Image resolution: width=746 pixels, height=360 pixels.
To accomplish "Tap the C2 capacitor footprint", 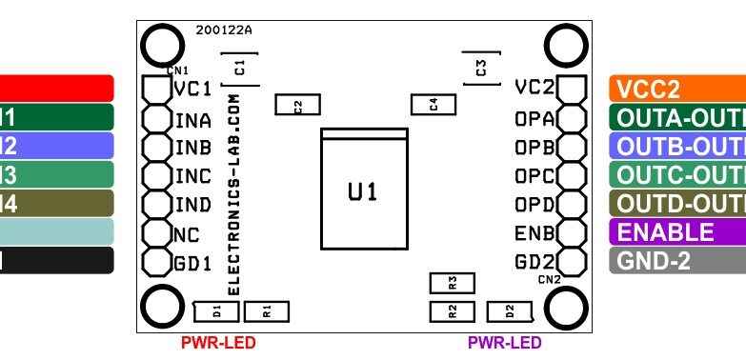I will click(297, 106).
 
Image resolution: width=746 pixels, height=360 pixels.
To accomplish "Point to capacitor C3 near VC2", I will click(481, 68).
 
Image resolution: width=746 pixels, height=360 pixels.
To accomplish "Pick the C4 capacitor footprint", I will click(433, 105).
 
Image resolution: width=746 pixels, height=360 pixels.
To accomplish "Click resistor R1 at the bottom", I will click(267, 310).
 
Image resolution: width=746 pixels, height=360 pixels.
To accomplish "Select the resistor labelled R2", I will click(453, 310).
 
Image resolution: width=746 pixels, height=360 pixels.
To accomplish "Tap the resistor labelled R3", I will click(453, 283).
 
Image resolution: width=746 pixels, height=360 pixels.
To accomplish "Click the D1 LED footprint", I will click(216, 310).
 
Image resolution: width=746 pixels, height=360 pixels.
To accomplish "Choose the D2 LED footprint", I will click(510, 310).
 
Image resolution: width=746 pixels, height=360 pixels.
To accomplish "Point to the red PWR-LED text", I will click(218, 343).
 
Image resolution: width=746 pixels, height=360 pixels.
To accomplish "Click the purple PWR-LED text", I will click(504, 343).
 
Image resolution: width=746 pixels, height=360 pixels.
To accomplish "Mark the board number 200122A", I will click(224, 30).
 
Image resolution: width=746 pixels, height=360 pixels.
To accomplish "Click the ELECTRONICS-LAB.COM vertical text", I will click(234, 200).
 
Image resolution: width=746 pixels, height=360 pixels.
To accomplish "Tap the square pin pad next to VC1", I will click(153, 89).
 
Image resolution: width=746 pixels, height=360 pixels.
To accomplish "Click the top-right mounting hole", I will click(564, 45).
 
